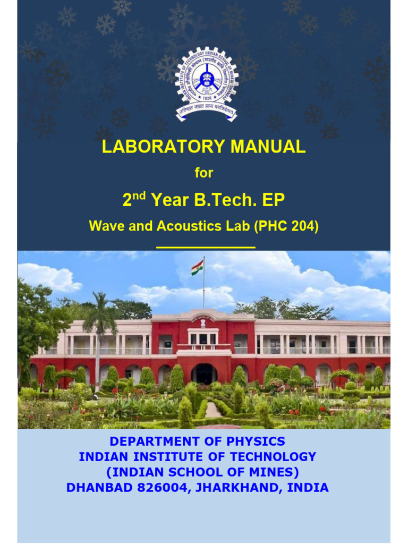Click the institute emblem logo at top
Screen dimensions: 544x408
206,82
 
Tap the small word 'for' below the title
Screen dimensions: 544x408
203,173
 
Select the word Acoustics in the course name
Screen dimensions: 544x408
192,226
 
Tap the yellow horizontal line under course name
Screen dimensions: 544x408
206,247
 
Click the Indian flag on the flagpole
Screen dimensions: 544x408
197,267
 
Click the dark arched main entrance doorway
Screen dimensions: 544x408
204,373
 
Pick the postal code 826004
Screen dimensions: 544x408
159,488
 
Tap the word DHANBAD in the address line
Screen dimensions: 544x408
96,488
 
